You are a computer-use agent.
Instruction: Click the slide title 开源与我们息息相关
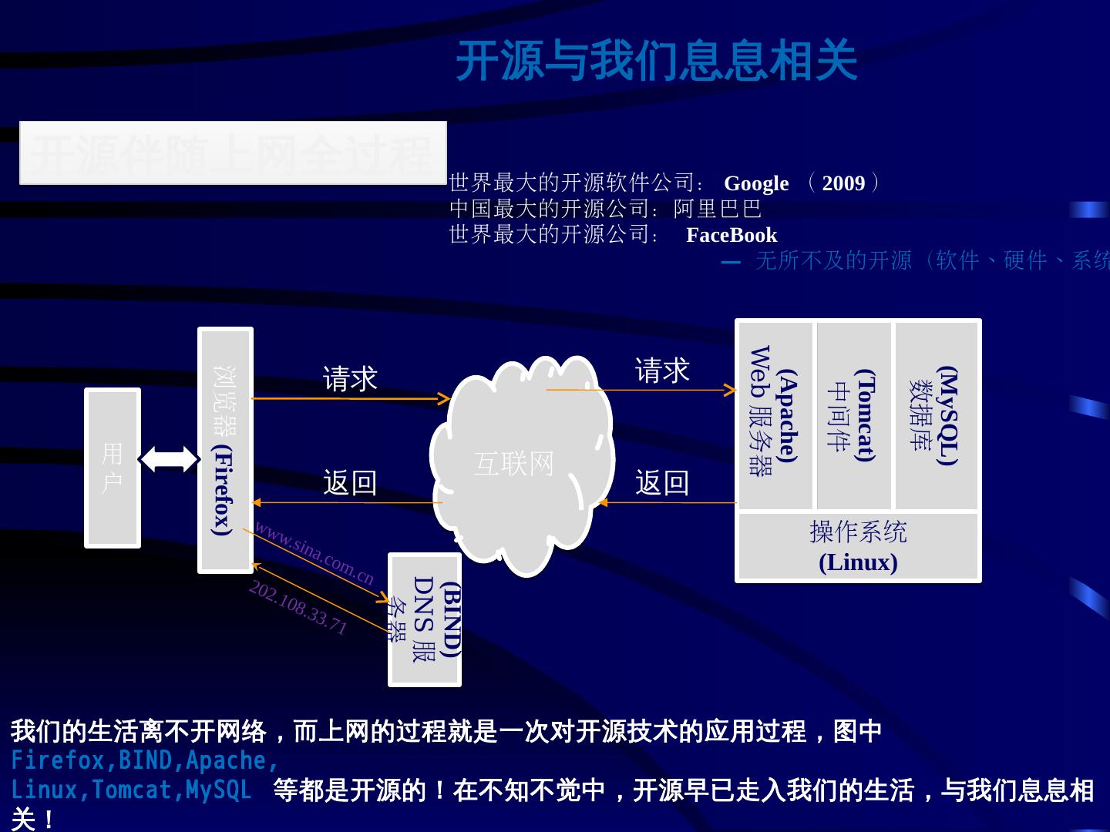tap(656, 61)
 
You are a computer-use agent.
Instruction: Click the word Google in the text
tap(756, 183)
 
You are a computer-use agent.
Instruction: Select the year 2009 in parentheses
tap(843, 183)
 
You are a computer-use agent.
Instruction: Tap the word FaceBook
tap(732, 235)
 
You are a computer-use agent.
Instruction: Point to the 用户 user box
tap(113, 468)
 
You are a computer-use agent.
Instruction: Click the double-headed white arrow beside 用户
tap(169, 459)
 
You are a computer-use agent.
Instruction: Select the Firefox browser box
tap(225, 451)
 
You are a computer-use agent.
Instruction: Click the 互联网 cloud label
tap(514, 464)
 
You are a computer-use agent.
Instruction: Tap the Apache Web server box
tap(775, 414)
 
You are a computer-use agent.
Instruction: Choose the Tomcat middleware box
tap(854, 414)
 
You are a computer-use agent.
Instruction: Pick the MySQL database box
tap(936, 414)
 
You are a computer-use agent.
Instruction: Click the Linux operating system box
tap(858, 547)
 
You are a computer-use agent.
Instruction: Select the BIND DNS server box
tap(425, 619)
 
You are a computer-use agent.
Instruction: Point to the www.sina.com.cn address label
tap(314, 553)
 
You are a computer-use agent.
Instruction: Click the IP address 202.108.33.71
tap(298, 607)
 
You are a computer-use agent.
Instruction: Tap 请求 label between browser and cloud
tap(350, 379)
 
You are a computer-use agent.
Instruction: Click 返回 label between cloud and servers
tap(661, 483)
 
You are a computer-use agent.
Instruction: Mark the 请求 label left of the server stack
tap(661, 371)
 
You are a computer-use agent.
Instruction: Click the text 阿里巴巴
tap(718, 209)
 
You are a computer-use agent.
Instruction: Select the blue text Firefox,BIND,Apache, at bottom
tap(144, 760)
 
